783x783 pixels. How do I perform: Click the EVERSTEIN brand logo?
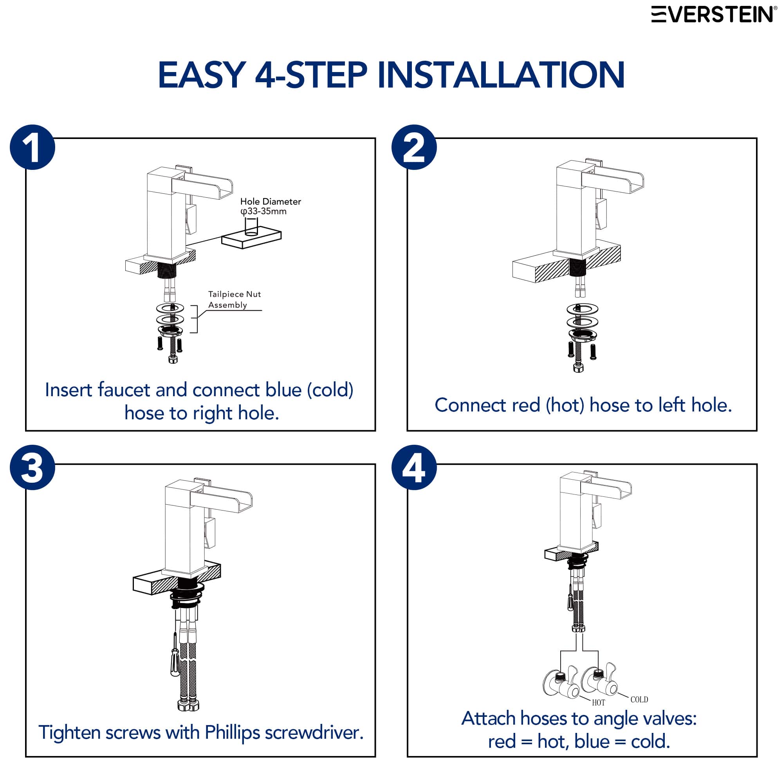714,14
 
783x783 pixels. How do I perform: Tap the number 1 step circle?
32,147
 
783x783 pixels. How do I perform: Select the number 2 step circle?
414,147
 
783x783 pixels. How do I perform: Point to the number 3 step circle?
32,467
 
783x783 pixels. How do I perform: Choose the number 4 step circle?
414,467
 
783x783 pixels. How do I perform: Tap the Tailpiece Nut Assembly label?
234,299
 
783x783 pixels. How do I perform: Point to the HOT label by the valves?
598,703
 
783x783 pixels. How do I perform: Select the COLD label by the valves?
639,700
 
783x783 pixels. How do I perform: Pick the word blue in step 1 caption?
283,390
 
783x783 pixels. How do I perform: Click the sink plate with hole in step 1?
251,238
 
